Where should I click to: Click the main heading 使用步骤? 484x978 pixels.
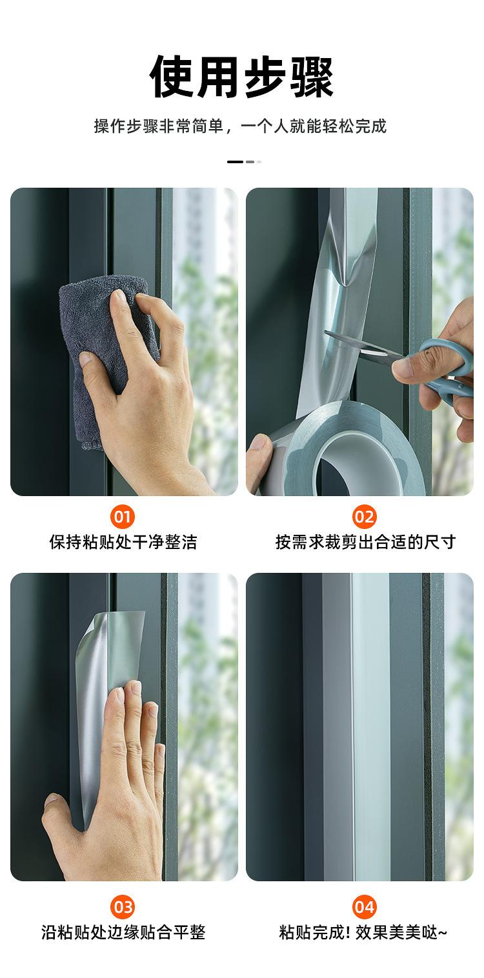coord(241,76)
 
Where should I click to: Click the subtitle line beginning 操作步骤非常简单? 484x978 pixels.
coord(241,126)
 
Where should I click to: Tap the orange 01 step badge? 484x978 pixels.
coord(123,517)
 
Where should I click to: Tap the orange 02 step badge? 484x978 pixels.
coord(365,517)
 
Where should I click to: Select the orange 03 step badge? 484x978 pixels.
coord(123,907)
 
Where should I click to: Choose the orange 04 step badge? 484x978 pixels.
coord(365,907)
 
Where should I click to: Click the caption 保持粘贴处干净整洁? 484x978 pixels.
coord(123,542)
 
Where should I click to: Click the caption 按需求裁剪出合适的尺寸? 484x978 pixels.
coord(365,542)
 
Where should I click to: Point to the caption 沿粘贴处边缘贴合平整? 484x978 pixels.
coord(123,932)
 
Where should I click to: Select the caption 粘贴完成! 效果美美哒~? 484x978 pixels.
coord(363,932)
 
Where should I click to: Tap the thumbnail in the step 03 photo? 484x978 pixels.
coord(51,800)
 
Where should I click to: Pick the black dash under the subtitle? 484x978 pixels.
coord(235,162)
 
